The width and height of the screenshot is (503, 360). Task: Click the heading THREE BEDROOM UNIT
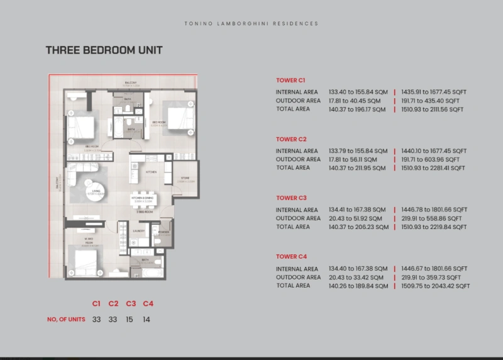(104, 50)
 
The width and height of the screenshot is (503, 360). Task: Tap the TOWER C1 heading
(290, 81)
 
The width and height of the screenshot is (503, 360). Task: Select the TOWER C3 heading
(290, 198)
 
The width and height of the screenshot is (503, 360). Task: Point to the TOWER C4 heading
(290, 257)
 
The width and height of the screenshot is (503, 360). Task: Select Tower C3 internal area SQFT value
(434, 210)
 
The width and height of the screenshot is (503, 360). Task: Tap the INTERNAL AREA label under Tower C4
(297, 269)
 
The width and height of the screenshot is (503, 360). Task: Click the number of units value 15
(131, 319)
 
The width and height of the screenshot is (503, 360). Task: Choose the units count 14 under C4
(147, 319)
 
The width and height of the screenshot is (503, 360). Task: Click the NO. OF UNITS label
(66, 320)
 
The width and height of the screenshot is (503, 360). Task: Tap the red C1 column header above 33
(96, 304)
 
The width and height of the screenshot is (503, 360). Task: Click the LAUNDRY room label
(140, 231)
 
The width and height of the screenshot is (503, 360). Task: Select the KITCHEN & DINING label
(142, 197)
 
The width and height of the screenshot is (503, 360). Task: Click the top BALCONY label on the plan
(131, 82)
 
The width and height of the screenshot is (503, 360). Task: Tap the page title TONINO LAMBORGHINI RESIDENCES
(251, 23)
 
